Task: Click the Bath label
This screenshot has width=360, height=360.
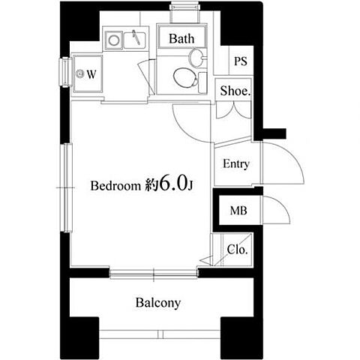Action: pyautogui.click(x=181, y=38)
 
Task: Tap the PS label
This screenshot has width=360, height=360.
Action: pyautogui.click(x=241, y=61)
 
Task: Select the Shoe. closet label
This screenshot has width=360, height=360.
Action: pyautogui.click(x=235, y=91)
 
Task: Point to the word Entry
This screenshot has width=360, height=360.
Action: pyautogui.click(x=236, y=164)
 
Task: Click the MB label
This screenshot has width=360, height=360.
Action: pyautogui.click(x=238, y=211)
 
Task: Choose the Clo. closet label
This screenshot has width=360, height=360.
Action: pyautogui.click(x=237, y=249)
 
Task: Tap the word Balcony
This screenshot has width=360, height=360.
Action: pyautogui.click(x=158, y=303)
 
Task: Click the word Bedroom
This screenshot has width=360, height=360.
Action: pyautogui.click(x=116, y=186)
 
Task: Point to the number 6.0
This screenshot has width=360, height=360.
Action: pyautogui.click(x=172, y=182)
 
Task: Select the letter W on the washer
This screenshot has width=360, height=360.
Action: pyautogui.click(x=91, y=74)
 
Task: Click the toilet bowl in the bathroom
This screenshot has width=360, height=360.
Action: pyautogui.click(x=185, y=78)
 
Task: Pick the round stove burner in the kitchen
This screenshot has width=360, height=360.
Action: pyautogui.click(x=114, y=40)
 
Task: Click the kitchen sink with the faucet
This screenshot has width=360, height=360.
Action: pyautogui.click(x=135, y=40)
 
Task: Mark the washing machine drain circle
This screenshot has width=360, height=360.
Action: pyautogui.click(x=80, y=73)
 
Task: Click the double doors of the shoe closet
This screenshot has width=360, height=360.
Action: pyautogui.click(x=233, y=110)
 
